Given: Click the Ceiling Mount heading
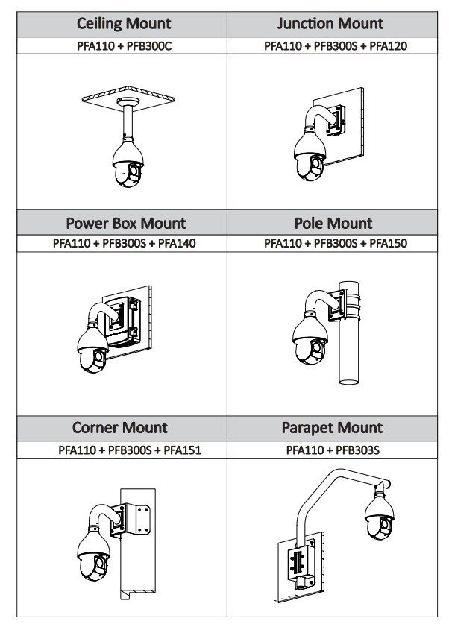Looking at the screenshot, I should point(124,24).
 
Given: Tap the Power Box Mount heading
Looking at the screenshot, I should point(125,223).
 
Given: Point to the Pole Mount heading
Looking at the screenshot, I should point(333,223).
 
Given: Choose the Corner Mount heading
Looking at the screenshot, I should point(120,428).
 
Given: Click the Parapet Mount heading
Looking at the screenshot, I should point(332,428).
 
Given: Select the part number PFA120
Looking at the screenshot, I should point(389,45).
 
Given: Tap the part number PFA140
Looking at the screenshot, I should point(177,243).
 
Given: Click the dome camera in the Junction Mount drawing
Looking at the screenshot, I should point(309,158).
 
